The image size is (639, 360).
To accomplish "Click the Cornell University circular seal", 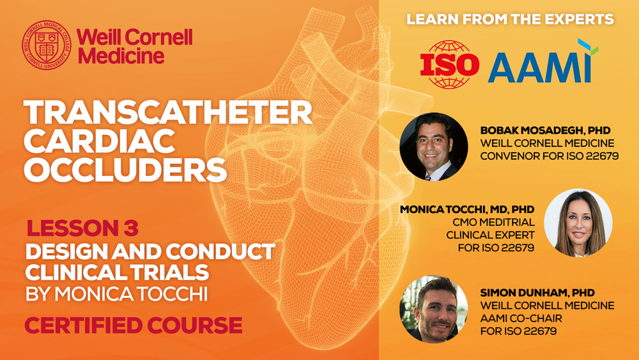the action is tap(47, 45).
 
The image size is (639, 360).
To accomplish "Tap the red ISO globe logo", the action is tap(449, 64).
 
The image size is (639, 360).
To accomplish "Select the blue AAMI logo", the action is tap(543, 62).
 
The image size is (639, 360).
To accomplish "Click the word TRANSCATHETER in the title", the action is tap(167, 113).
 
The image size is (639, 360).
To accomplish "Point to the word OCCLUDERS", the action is tap(125, 169).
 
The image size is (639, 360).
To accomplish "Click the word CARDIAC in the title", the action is tap(99, 141).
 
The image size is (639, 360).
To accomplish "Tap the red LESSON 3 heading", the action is tap(82, 228).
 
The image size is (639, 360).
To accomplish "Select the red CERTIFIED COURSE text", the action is tap(134, 325).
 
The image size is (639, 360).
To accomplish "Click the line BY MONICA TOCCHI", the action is tap(116, 294).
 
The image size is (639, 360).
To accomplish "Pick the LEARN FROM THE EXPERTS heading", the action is tap(510, 19).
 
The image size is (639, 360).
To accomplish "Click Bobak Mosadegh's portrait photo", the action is tap(434, 147).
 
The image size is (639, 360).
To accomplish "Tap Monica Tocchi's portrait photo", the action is tap(578, 223).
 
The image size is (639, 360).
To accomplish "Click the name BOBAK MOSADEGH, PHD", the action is tap(545, 130).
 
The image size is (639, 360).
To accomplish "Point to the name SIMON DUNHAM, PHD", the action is tap(537, 293).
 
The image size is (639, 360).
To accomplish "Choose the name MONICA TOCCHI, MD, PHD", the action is tap(467, 210).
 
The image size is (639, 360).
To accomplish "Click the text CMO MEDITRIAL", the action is tap(493, 222).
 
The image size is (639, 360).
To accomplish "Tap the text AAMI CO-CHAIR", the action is tap(521, 318).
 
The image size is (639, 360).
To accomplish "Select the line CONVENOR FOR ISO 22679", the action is tap(550, 156).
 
